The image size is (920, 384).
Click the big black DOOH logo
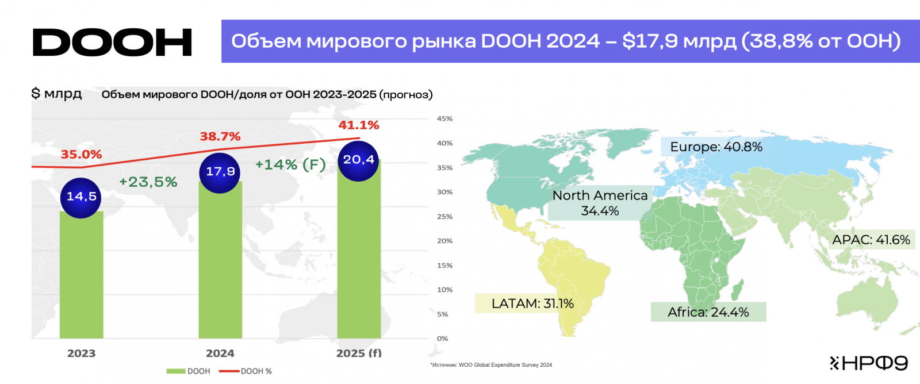(112, 43)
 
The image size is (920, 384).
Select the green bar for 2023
(81, 276)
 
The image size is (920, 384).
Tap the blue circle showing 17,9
(220, 172)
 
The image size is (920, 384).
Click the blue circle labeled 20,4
(358, 160)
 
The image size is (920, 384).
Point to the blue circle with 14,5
(81, 197)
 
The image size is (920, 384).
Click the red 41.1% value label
(359, 125)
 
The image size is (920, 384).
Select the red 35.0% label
(81, 155)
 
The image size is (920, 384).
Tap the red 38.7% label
(220, 137)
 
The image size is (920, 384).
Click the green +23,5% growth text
(148, 182)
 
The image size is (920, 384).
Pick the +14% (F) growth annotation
(290, 165)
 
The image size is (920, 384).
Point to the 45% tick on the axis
(444, 119)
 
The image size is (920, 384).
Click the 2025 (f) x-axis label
(359, 354)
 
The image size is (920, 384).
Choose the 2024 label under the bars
(220, 354)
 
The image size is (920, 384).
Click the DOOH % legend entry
(246, 371)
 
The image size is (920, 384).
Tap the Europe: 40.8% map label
(716, 147)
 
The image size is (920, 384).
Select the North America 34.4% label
(600, 203)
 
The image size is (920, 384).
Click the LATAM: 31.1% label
(532, 304)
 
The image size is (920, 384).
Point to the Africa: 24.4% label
(708, 312)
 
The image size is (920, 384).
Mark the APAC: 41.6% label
(871, 240)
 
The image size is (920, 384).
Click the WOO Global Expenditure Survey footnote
(492, 365)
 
